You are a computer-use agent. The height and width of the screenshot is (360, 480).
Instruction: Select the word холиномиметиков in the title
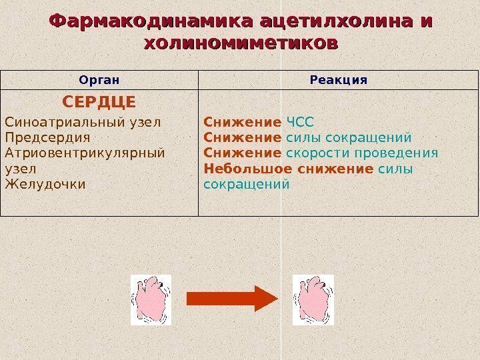(x=240, y=44)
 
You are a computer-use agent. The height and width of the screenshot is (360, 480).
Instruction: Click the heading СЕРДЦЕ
(x=99, y=102)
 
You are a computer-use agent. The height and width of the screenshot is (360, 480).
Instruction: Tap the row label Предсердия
(x=47, y=138)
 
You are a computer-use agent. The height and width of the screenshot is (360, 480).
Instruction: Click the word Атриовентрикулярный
(x=84, y=153)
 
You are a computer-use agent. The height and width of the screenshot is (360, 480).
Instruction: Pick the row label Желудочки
(x=45, y=184)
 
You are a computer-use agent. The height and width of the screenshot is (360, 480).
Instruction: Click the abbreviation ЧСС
(x=299, y=123)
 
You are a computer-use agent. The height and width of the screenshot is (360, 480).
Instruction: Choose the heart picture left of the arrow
(x=151, y=300)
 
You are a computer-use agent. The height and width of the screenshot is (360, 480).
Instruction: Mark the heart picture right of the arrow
(x=313, y=300)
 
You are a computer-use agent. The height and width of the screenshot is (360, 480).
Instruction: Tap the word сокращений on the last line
(x=247, y=184)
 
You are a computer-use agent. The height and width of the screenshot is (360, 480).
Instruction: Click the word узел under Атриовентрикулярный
(x=21, y=169)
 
